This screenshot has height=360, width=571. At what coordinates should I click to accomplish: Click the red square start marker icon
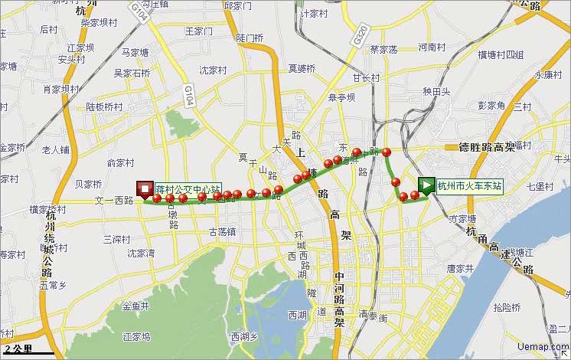click(144, 188)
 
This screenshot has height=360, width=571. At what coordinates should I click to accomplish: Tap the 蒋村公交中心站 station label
click(188, 187)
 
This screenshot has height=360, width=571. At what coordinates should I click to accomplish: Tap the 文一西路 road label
click(113, 201)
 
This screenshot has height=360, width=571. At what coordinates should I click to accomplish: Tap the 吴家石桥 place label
click(132, 74)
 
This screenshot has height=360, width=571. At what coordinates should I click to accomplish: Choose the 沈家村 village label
click(214, 70)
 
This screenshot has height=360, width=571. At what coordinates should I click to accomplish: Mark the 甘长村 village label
click(366, 77)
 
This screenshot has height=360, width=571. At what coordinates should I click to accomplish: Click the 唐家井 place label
click(462, 269)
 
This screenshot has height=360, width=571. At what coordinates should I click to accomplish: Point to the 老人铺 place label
click(56, 149)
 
